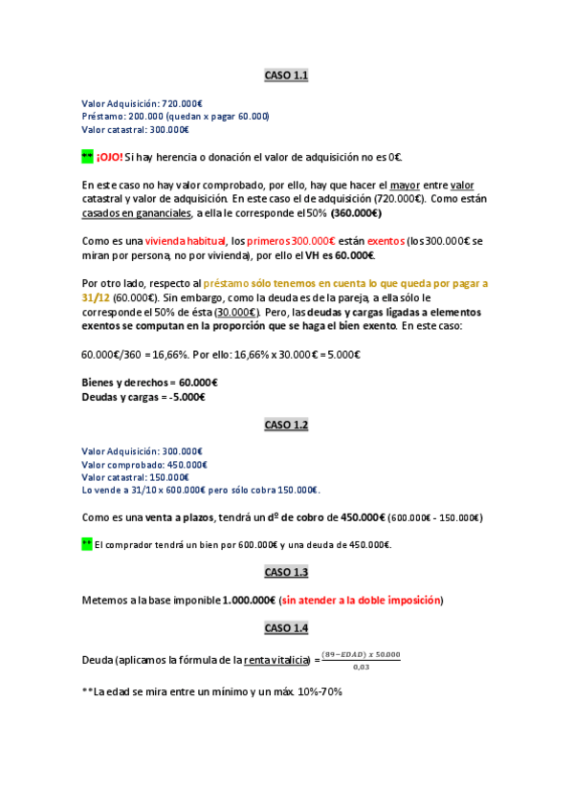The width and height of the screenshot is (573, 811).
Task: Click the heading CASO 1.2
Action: coord(286,425)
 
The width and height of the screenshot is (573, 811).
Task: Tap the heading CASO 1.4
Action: coord(286,628)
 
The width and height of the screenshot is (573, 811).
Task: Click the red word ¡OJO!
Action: coord(109,157)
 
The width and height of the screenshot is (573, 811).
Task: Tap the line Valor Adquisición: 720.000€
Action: coord(142,103)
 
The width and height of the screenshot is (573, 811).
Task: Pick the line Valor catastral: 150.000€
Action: coord(135,476)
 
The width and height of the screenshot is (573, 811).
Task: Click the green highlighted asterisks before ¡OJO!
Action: coord(87,157)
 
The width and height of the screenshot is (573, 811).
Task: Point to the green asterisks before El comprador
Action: coord(87,544)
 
